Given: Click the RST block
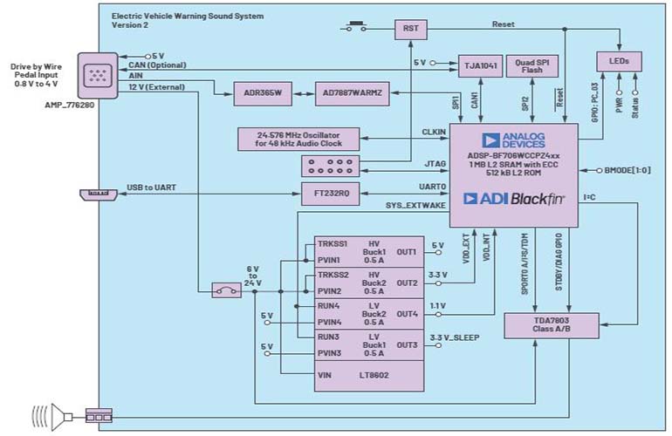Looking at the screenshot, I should (410, 29).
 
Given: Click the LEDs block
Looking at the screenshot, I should (620, 61).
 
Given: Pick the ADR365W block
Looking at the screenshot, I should (260, 91).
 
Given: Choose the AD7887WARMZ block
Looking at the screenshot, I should (342, 91).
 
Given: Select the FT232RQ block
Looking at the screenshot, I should (333, 194).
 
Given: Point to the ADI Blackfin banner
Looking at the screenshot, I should (513, 197).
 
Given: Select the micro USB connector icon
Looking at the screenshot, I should (95, 194).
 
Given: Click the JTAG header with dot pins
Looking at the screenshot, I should (333, 165).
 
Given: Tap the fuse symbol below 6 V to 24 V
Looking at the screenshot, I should (230, 290).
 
